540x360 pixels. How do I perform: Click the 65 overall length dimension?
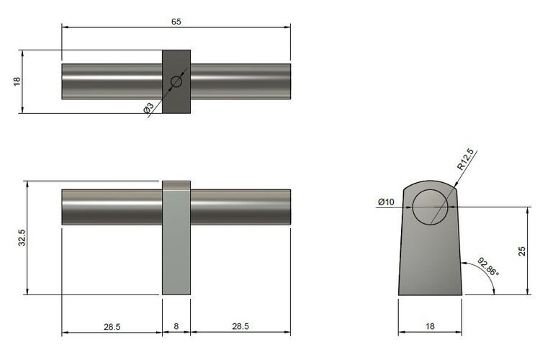176,22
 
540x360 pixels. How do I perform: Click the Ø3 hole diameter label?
148,108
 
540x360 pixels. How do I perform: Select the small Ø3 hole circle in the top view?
176,82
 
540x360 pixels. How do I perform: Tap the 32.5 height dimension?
22,238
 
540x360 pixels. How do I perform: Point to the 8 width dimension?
176,326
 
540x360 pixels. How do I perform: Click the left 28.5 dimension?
112,326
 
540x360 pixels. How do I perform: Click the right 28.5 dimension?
240,326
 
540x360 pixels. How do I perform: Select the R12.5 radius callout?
465,160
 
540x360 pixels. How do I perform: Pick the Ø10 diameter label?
386,202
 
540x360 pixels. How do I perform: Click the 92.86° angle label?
488,266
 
